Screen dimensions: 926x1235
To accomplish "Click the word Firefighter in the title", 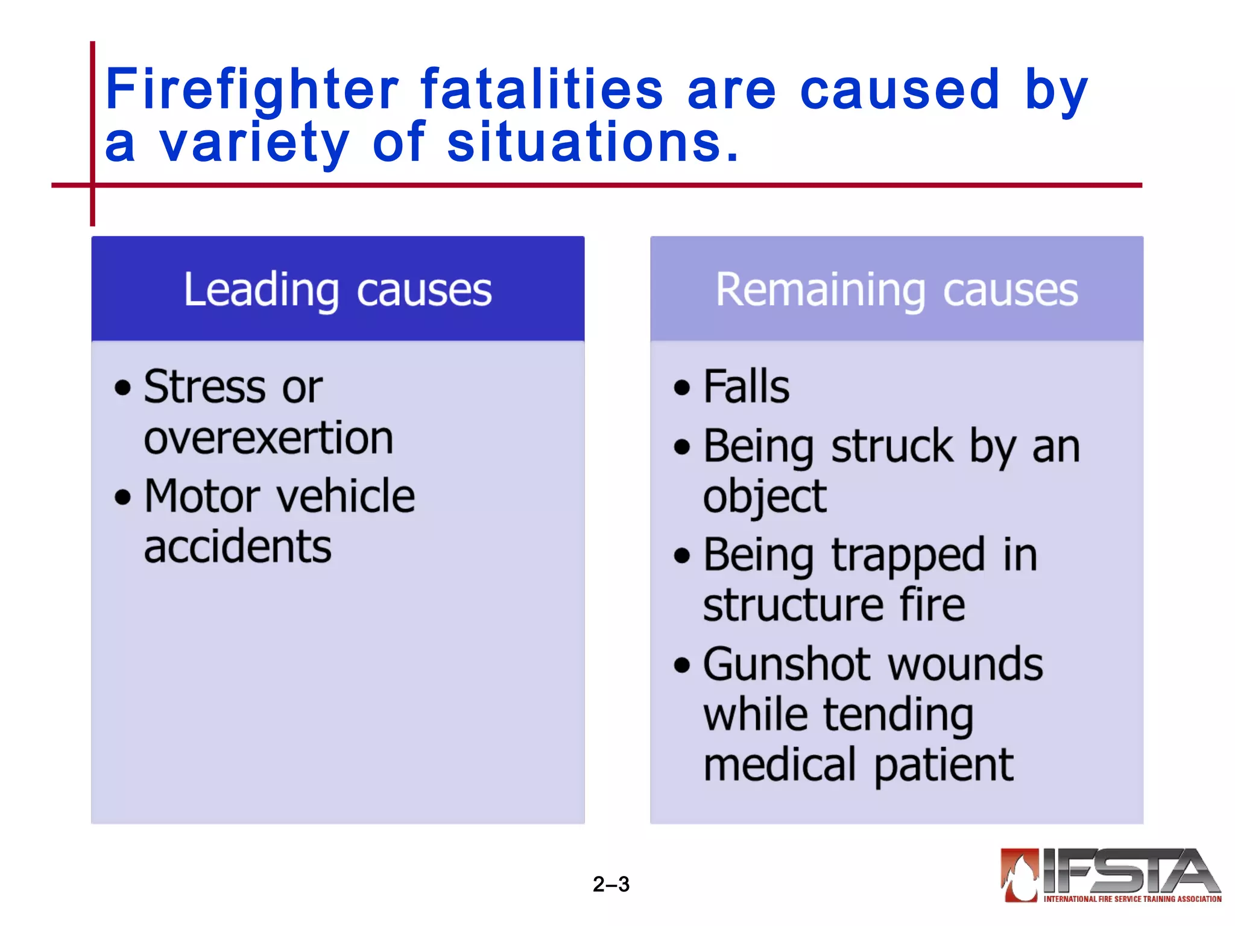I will [251, 90].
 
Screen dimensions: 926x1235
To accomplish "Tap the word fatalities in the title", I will [542, 90].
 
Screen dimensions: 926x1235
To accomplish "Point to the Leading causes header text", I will [338, 290].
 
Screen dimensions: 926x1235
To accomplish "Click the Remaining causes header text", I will [897, 290].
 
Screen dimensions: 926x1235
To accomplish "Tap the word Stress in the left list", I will [204, 386].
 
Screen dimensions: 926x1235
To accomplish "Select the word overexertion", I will [268, 438].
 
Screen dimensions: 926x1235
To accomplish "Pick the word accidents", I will [238, 547].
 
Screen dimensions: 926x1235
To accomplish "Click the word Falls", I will [747, 386].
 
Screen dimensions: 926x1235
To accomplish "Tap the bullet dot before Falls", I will [682, 388].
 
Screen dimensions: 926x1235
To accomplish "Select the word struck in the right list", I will [892, 447].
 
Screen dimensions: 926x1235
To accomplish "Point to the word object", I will [765, 497].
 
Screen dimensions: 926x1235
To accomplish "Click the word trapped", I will [908, 556].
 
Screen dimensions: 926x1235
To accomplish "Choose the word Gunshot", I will [787, 664].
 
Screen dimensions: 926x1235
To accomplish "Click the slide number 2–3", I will [611, 884].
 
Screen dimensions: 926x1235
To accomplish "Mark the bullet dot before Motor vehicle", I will [123, 498].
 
